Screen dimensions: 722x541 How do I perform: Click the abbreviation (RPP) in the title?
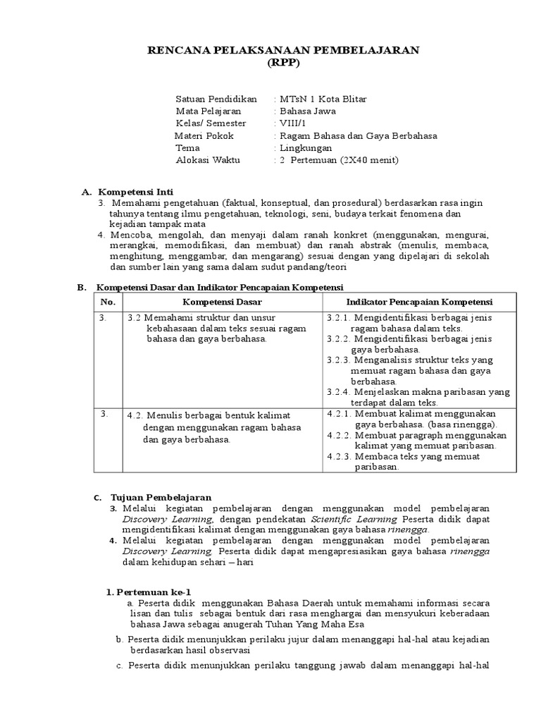pos(282,62)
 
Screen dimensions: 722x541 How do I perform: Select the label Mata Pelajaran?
pos(208,111)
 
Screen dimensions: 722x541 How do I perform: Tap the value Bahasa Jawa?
pos(308,111)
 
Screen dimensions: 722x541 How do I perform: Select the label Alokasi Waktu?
pos(208,161)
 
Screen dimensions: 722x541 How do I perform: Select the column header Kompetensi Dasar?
pos(223,302)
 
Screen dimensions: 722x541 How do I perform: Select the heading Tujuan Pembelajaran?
pos(161,498)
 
